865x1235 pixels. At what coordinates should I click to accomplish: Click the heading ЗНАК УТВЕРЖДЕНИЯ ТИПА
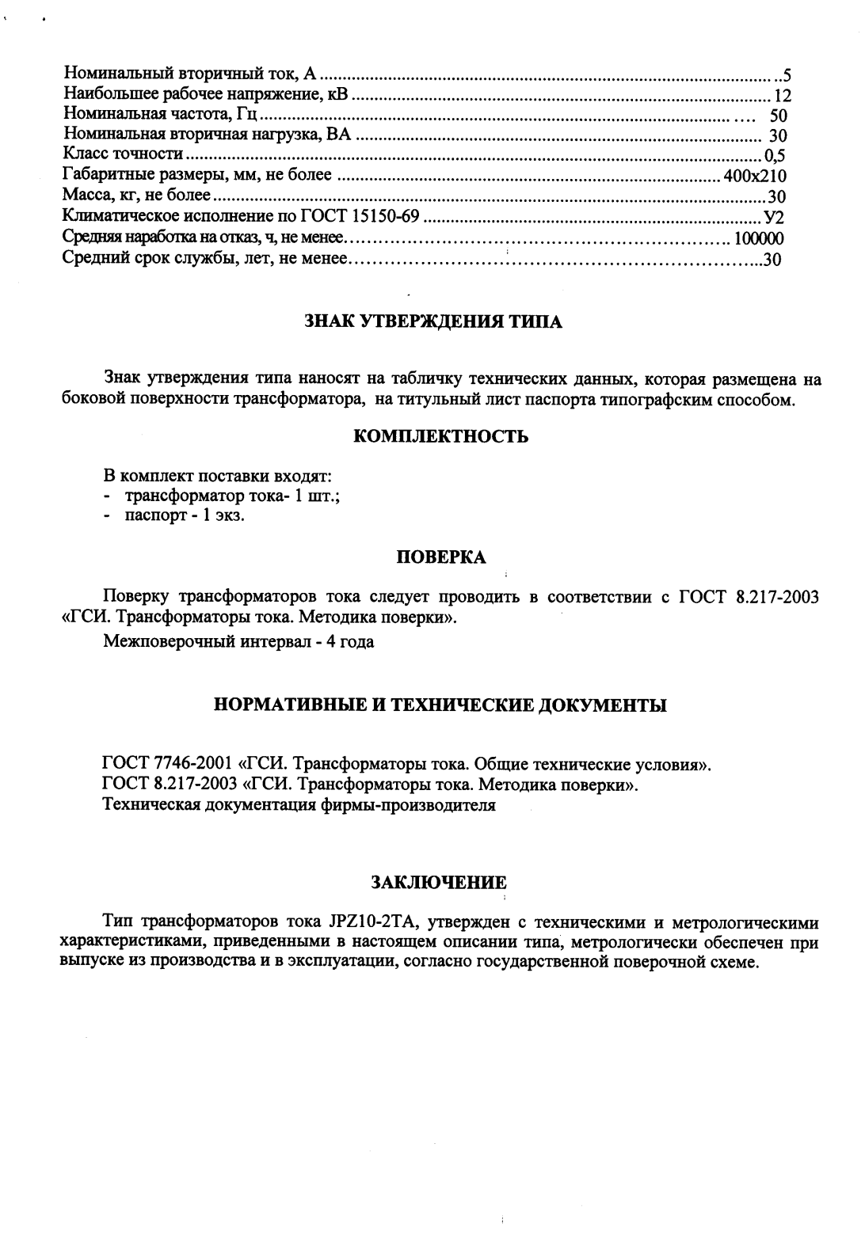pyautogui.click(x=433, y=322)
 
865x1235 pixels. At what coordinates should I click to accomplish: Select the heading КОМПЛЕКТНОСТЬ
pyautogui.click(x=440, y=437)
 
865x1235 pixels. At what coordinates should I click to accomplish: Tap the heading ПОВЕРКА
pyautogui.click(x=440, y=557)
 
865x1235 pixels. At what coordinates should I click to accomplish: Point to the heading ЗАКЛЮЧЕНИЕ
pyautogui.click(x=439, y=882)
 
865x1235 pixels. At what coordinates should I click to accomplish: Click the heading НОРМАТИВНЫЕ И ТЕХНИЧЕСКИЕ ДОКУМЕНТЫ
pyautogui.click(x=440, y=705)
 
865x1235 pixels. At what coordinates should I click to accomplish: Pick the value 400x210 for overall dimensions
pyautogui.click(x=754, y=176)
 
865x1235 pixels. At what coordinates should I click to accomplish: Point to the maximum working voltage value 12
pyautogui.click(x=783, y=97)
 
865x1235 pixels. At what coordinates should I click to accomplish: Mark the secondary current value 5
pyautogui.click(x=787, y=77)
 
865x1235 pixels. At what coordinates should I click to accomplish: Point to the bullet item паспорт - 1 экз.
pyautogui.click(x=185, y=516)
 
